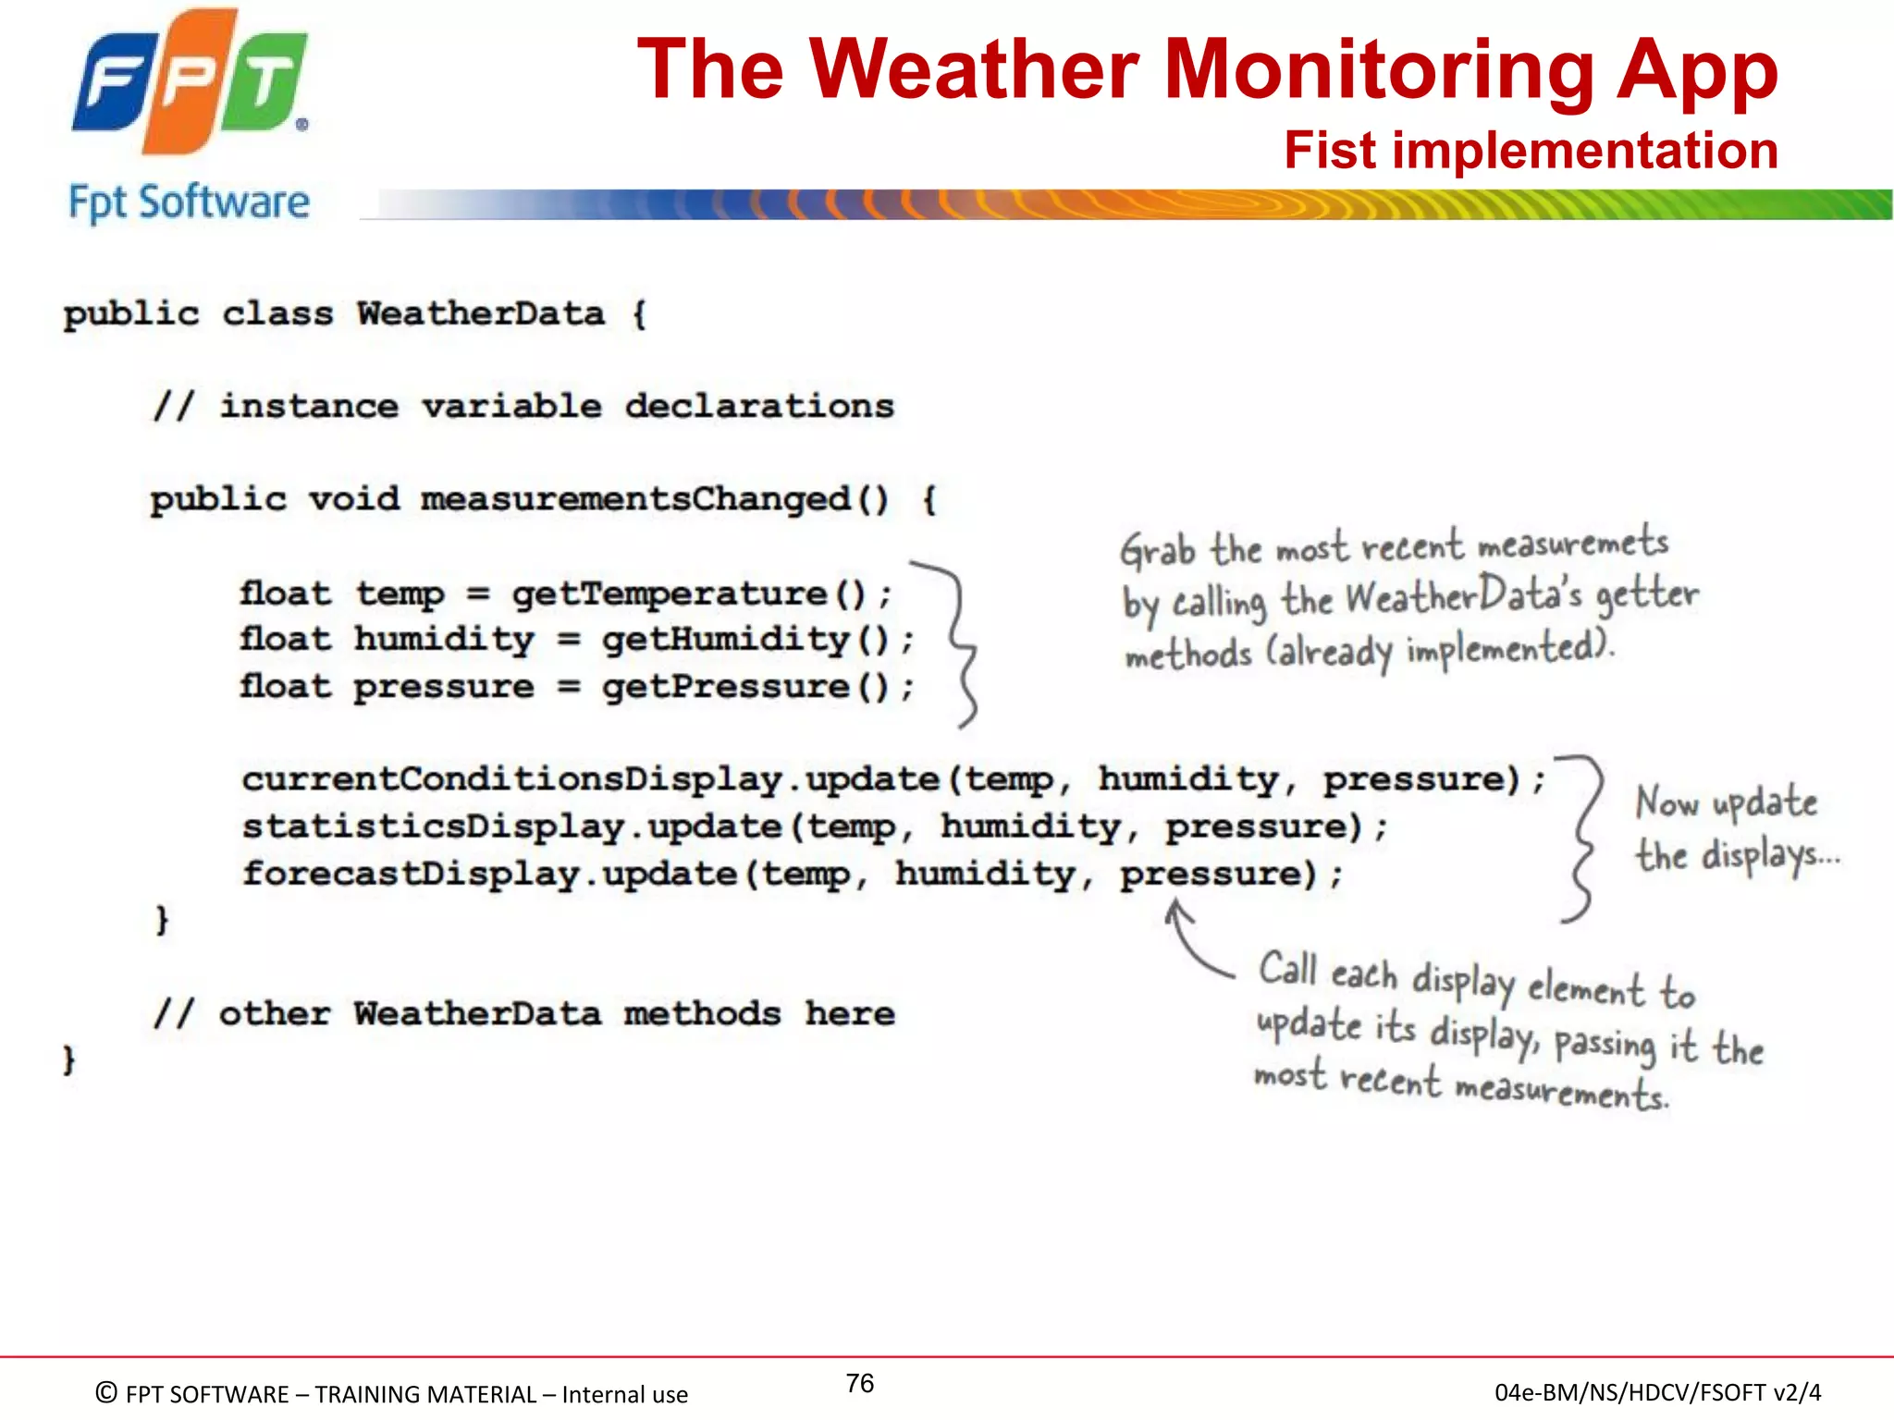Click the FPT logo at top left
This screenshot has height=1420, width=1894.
190,83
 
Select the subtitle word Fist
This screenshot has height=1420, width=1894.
1329,150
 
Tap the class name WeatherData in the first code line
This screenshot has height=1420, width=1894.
481,313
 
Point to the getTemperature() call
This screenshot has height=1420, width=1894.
689,594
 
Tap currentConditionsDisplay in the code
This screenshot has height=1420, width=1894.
512,779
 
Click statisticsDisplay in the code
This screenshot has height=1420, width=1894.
434,826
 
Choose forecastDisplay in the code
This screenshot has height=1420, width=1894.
411,874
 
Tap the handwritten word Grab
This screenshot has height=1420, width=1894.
1157,551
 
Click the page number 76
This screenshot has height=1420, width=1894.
859,1383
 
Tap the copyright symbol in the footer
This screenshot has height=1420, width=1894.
106,1392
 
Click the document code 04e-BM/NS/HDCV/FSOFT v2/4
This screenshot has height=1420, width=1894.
1657,1392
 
